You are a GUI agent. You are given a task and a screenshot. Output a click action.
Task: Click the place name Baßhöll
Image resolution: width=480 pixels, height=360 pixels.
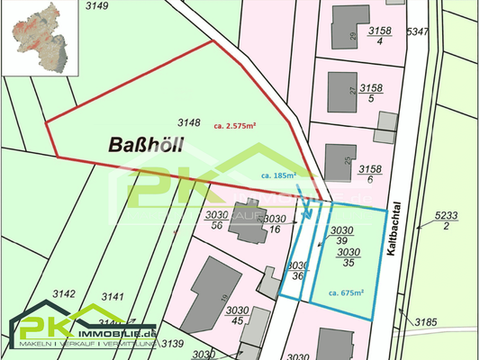(x=141, y=145)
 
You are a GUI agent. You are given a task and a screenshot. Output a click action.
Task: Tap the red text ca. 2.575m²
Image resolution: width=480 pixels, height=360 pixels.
(x=235, y=126)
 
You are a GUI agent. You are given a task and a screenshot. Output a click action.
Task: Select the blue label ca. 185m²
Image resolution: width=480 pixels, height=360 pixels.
(x=276, y=176)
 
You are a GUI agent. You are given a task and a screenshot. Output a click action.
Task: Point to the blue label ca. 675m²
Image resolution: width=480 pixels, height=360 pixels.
(x=346, y=292)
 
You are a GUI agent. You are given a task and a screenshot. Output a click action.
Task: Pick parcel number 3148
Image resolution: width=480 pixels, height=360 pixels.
(x=188, y=121)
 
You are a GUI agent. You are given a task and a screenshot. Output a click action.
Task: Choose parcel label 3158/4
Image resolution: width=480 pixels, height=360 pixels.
(x=379, y=35)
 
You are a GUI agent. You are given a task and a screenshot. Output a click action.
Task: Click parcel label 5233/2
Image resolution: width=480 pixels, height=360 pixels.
(x=446, y=220)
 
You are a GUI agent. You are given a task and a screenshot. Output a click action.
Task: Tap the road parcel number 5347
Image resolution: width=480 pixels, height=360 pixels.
(x=417, y=32)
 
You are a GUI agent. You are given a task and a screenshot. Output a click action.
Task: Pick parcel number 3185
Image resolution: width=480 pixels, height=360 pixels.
(x=424, y=320)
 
